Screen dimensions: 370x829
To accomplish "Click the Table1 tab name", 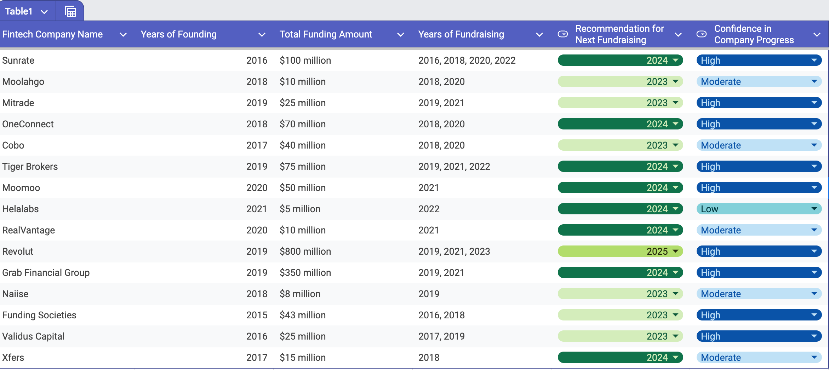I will tap(19, 11).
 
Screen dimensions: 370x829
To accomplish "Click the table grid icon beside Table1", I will tap(70, 12).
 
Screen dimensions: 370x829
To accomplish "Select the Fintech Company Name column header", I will tap(52, 34).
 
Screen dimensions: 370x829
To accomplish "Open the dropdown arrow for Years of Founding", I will tap(262, 35).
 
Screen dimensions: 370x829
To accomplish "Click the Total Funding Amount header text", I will tap(326, 34).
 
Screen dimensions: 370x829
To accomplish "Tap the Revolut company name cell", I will tap(18, 252).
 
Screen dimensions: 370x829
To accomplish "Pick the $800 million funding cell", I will tap(305, 252).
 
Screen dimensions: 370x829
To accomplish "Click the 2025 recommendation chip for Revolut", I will tap(620, 252).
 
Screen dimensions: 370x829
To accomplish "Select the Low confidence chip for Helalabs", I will tap(759, 209).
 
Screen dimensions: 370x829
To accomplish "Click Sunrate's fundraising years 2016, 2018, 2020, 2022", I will tap(467, 60).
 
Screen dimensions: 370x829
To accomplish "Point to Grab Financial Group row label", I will tap(46, 273).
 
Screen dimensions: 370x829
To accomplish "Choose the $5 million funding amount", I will tap(300, 209).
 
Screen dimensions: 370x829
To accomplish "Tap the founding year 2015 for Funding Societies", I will tap(257, 315).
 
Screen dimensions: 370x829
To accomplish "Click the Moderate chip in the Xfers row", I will tap(759, 358).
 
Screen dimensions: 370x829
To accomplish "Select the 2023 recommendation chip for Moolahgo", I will tap(620, 82).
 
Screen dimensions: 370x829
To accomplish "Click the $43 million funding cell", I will tap(302, 315).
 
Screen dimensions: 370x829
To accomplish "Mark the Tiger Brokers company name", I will tap(30, 167).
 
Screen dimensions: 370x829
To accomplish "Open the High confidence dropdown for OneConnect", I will tap(814, 124).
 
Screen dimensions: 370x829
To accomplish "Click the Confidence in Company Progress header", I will tap(754, 34).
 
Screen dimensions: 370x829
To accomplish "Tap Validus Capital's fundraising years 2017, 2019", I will tap(441, 336).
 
